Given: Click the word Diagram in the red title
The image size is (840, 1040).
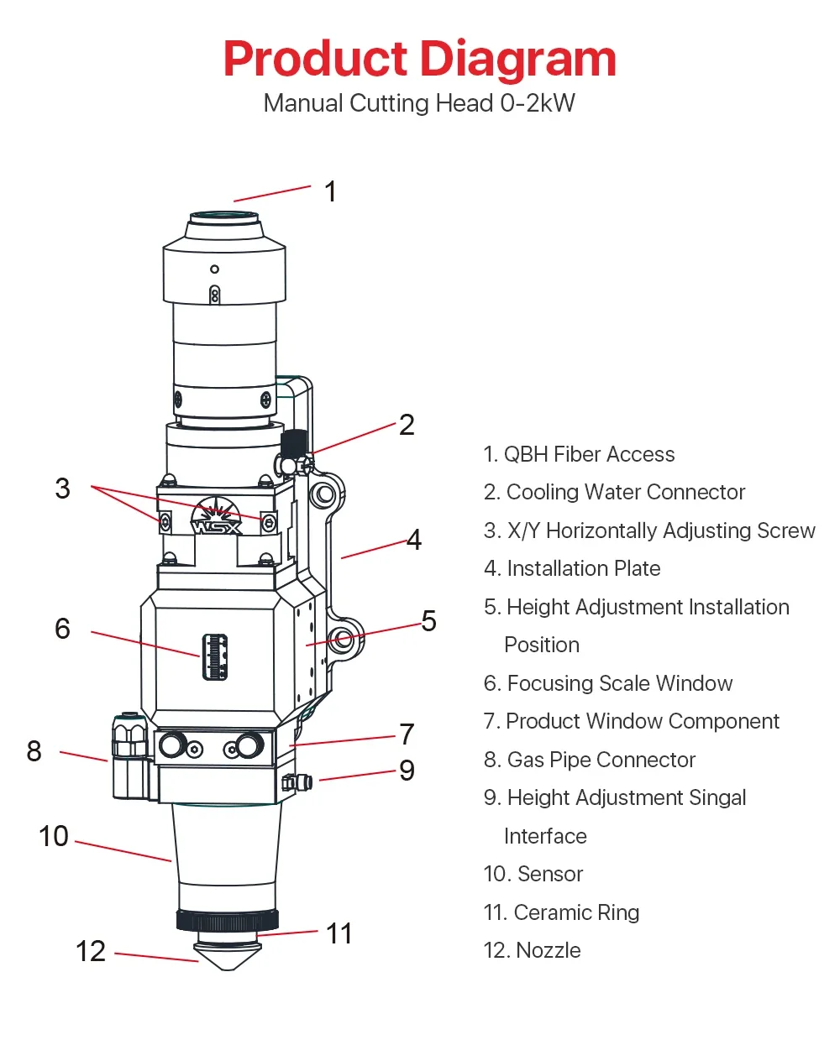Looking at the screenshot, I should point(517,60).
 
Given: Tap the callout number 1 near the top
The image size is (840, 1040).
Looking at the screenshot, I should point(331,191).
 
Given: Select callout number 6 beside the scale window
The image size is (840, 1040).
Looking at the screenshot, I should point(63,629).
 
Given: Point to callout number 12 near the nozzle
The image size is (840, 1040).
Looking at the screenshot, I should point(91,951).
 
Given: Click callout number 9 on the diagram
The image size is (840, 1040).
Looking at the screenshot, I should point(407,771).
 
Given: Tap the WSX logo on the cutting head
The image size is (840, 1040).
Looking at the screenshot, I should point(217,523).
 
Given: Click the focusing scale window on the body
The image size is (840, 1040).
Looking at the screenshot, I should point(215,656).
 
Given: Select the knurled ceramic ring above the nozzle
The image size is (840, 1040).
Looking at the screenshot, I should point(227,920).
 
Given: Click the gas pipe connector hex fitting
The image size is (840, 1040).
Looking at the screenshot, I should point(129,739).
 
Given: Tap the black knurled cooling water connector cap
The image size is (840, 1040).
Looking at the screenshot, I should point(294,441).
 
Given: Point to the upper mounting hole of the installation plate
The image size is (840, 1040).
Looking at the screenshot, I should point(323,494).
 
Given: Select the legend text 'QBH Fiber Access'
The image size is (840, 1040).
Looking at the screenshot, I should point(589,455).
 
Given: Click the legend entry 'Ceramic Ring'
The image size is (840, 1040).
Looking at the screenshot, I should point(576,912).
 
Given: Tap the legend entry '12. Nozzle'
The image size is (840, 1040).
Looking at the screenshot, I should point(533,950).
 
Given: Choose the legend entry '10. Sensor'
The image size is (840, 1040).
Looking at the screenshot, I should point(533,874).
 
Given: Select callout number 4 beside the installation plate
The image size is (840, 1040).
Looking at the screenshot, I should point(413,540).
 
